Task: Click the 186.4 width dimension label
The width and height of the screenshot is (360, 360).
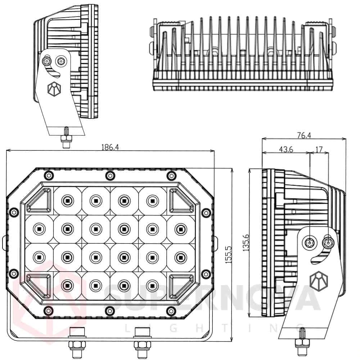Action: point(110,147)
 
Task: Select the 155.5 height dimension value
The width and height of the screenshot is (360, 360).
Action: point(228,256)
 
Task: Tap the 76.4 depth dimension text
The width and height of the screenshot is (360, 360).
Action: point(304,135)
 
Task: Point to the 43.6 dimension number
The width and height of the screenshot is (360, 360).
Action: point(286,149)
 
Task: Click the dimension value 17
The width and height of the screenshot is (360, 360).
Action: point(319,149)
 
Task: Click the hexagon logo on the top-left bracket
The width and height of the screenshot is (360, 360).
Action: point(54,89)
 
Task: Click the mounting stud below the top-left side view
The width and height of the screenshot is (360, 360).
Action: point(66,139)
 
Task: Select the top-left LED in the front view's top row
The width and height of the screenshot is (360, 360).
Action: point(67,199)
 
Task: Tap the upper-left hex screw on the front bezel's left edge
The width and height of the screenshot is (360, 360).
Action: point(14,212)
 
